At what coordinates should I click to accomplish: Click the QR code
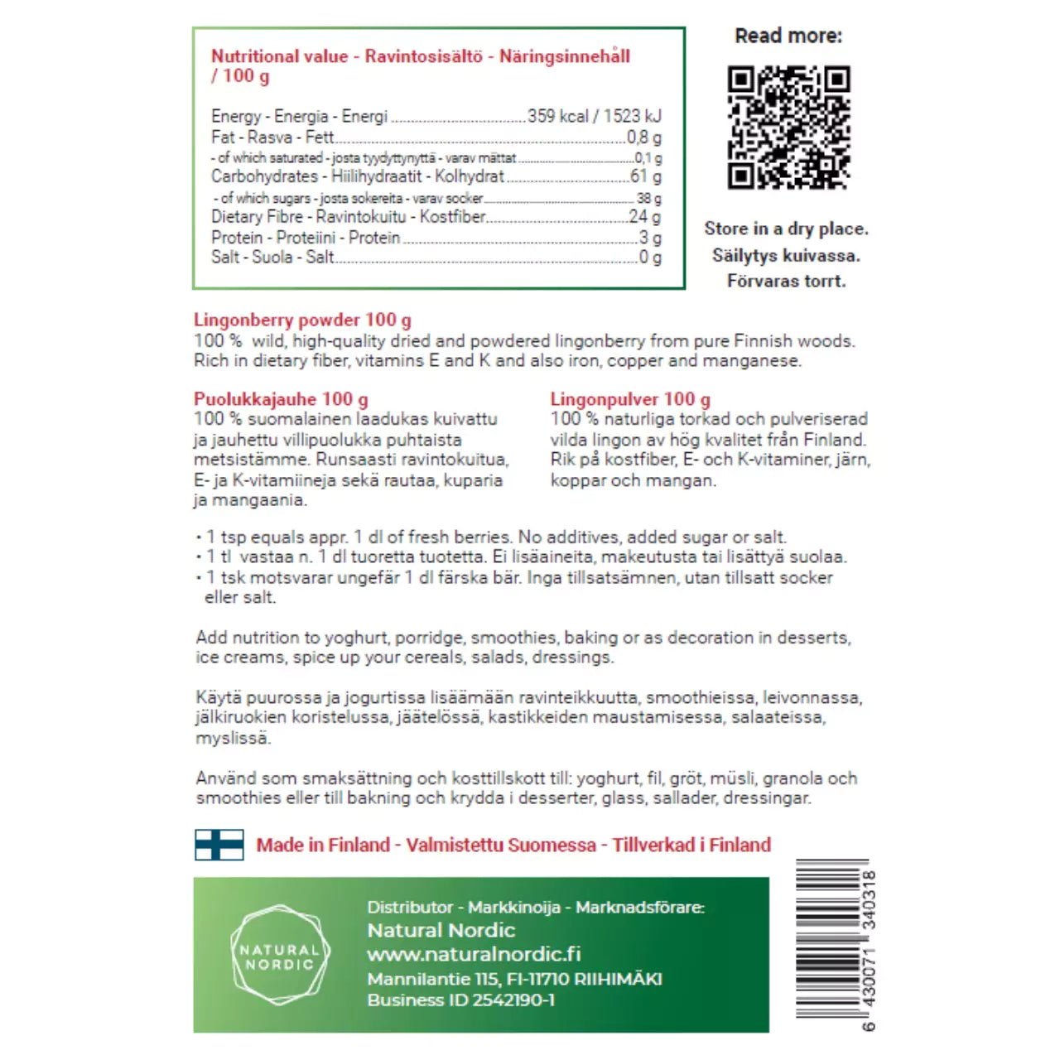click(788, 127)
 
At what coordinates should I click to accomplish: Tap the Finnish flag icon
click(219, 845)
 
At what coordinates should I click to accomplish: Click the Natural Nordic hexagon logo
click(279, 956)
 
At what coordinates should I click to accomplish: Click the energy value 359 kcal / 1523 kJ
click(595, 116)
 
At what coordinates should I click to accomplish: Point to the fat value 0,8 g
click(644, 137)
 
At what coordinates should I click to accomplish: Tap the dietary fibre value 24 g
click(644, 217)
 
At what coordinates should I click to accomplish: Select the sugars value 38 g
click(649, 199)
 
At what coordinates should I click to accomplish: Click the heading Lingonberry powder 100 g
click(302, 320)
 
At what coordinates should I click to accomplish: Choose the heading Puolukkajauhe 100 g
click(281, 399)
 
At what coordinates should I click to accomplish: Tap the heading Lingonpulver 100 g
click(630, 399)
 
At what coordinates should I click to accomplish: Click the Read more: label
click(788, 36)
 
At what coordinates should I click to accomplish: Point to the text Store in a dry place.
click(786, 229)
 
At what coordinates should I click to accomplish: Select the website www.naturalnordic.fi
click(474, 954)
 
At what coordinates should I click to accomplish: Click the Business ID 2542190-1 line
click(460, 1000)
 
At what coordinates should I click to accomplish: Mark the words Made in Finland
click(323, 846)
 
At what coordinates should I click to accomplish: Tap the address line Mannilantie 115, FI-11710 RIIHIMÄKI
click(514, 979)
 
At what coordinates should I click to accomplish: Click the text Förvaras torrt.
click(786, 282)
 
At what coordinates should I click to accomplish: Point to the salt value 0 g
click(650, 258)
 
